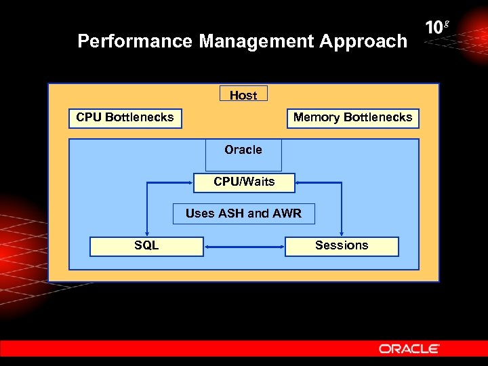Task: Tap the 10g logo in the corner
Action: pyautogui.click(x=437, y=28)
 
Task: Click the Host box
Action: pyautogui.click(x=243, y=95)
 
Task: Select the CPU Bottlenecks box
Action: pyautogui.click(x=125, y=118)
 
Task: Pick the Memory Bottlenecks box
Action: pyautogui.click(x=352, y=118)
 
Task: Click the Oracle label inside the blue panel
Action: pyautogui.click(x=243, y=150)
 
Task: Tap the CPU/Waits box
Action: pyautogui.click(x=244, y=182)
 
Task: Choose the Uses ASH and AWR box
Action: pyautogui.click(x=243, y=213)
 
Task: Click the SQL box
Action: pyautogui.click(x=146, y=245)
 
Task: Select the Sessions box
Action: pyautogui.click(x=342, y=245)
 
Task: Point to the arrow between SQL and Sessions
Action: pyautogui.click(x=244, y=247)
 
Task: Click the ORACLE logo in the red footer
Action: pyautogui.click(x=409, y=348)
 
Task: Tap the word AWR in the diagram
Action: pyautogui.click(x=287, y=213)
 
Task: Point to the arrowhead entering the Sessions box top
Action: pyautogui.click(x=342, y=232)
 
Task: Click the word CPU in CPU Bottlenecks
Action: pyautogui.click(x=89, y=118)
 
